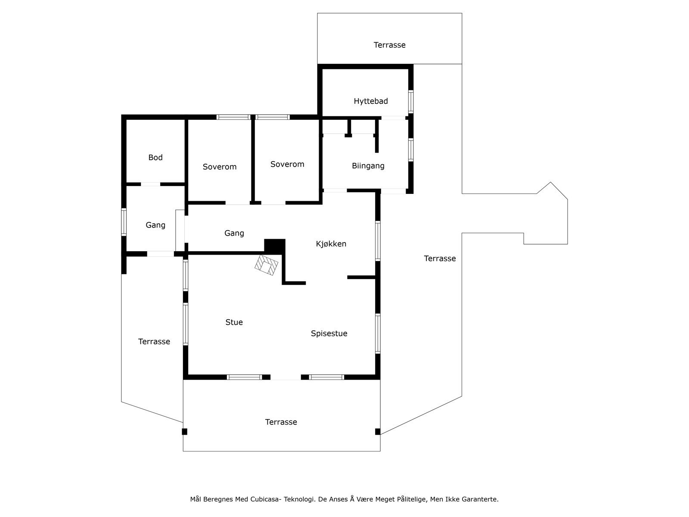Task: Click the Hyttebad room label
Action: [371, 101]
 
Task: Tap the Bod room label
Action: [155, 158]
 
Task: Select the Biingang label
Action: [368, 166]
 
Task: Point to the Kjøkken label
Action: [331, 244]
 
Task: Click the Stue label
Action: [234, 322]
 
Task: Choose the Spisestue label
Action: [329, 333]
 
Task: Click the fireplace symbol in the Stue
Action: [266, 265]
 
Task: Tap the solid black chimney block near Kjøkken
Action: [275, 246]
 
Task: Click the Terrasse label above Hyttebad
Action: [390, 45]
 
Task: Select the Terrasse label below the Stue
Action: [281, 422]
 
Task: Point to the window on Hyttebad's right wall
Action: [411, 102]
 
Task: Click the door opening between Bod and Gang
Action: [150, 184]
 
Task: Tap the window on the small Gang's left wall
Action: [124, 222]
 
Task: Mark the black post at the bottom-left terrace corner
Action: [185, 431]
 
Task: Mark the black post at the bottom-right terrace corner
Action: [378, 431]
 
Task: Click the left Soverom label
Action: [220, 167]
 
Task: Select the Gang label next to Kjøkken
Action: [234, 234]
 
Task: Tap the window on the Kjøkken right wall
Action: [378, 241]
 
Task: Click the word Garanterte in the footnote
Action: [480, 499]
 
